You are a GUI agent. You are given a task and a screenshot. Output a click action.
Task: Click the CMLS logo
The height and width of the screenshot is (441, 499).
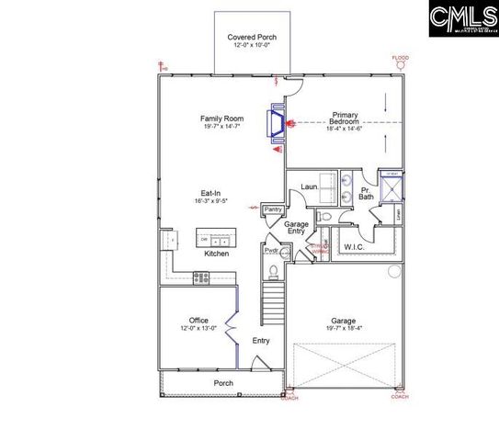point(463,18)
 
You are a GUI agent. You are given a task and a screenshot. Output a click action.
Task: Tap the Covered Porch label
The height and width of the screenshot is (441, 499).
point(252,38)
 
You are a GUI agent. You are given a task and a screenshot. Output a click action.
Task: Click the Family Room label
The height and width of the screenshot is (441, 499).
point(221,119)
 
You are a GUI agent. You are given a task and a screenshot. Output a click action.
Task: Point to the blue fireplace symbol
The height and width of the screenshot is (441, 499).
point(276,123)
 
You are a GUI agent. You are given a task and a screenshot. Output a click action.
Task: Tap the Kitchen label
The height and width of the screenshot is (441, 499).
point(216,254)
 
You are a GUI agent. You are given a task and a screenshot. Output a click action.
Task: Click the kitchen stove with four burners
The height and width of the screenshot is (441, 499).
point(202,277)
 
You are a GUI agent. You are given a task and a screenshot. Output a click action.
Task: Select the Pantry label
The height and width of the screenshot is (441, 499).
point(273,210)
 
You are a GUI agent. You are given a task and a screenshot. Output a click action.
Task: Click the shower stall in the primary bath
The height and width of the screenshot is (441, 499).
point(392,187)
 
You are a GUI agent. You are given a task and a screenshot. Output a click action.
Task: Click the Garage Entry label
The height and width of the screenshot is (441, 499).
point(296,228)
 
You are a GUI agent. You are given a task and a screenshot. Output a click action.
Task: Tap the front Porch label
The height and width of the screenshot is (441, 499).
point(223,383)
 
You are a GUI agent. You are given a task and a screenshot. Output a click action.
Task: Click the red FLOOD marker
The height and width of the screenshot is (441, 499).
point(400,60)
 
